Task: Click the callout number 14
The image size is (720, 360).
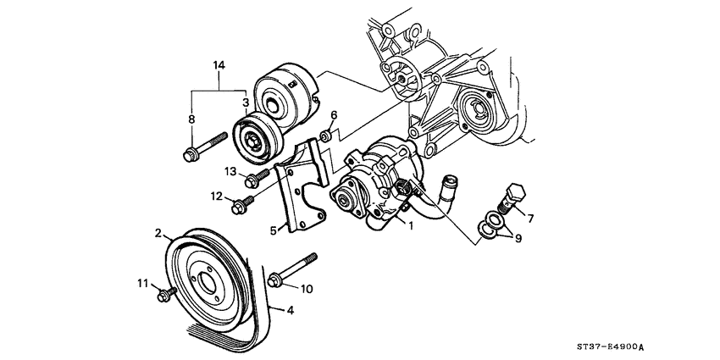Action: (219, 65)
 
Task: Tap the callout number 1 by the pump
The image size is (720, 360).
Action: (411, 225)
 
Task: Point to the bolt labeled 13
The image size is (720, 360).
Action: (258, 178)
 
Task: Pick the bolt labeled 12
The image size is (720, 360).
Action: (243, 205)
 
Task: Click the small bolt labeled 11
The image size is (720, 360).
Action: (166, 294)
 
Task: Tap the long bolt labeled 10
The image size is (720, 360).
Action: (292, 270)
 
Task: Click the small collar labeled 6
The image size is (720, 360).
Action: (325, 136)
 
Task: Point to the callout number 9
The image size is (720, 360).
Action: (518, 239)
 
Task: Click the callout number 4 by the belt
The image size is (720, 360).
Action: (291, 311)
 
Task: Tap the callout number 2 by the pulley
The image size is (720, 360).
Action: (158, 233)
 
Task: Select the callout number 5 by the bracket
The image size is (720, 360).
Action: (274, 230)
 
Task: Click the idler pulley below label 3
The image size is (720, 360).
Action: (258, 140)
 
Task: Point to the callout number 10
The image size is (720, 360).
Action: (307, 289)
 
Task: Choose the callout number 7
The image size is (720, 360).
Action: (530, 219)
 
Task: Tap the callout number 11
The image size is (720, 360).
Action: (144, 284)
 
